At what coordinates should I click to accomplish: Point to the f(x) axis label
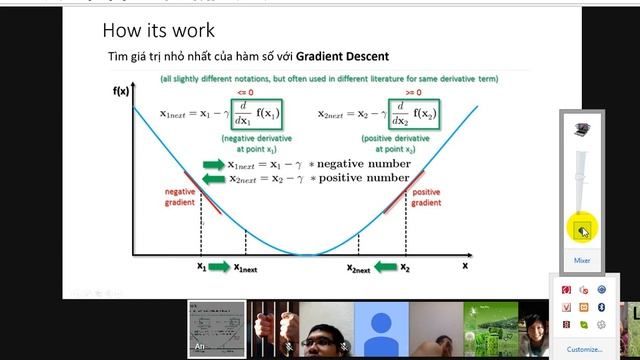pyautogui.click(x=121, y=91)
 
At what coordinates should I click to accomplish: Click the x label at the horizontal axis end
pyautogui.click(x=464, y=267)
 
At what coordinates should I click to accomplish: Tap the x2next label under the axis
pyautogui.click(x=358, y=268)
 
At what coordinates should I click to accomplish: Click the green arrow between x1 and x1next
pyautogui.click(x=220, y=268)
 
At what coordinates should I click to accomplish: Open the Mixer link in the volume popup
pyautogui.click(x=581, y=260)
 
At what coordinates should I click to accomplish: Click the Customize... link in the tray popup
pyautogui.click(x=584, y=349)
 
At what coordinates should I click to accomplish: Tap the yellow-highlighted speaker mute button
pyautogui.click(x=581, y=231)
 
